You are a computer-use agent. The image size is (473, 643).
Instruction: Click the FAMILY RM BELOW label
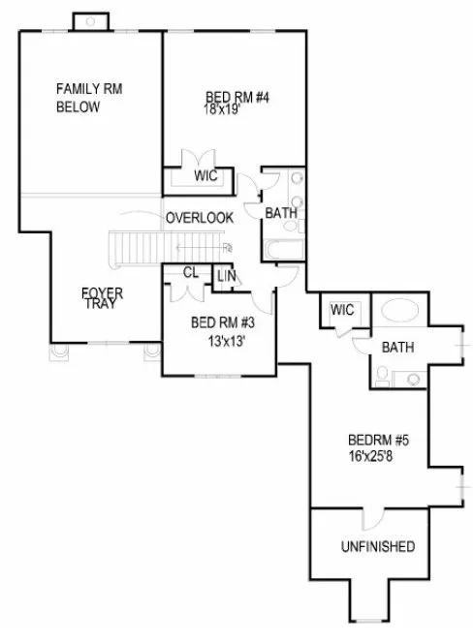tap(88, 98)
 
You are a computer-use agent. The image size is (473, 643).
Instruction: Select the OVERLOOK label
tap(199, 218)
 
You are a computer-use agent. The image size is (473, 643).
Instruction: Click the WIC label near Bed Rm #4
tap(205, 176)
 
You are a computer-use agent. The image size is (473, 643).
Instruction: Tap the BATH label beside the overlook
tap(281, 212)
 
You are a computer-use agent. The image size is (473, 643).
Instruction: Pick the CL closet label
tap(190, 273)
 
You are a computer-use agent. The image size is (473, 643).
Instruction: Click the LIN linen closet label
tap(226, 277)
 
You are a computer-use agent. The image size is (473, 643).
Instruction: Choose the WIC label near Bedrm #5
tap(341, 310)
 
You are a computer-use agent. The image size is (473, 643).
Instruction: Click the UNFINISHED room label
tap(378, 547)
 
